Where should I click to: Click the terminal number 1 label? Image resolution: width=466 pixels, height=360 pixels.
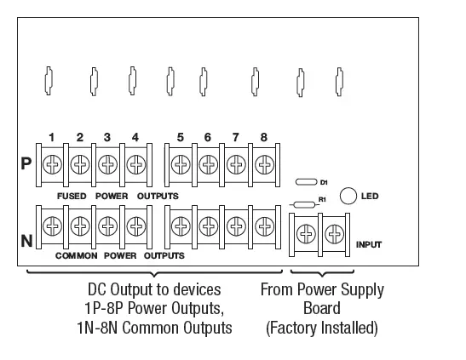pos(52,137)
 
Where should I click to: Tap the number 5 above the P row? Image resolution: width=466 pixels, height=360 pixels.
pos(181,137)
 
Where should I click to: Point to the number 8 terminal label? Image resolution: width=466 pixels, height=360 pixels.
pos(263,137)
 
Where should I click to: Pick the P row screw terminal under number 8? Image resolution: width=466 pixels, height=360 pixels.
pos(263,163)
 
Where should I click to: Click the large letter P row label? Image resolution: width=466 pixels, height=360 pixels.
pos(26,163)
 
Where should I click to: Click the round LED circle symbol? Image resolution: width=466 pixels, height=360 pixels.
pos(348,196)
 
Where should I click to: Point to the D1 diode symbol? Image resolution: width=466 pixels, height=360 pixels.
pos(306,182)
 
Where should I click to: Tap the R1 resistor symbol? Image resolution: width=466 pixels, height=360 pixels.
pos(305,204)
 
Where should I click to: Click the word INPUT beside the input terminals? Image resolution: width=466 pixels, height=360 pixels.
pos(368,245)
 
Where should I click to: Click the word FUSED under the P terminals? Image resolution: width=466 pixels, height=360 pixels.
pos(72,196)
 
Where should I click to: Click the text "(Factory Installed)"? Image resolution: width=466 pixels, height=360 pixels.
pos(322,328)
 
